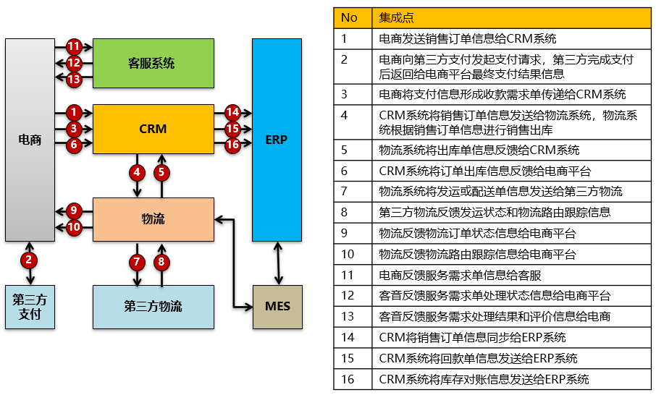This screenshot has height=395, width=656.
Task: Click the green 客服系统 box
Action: coord(153,63)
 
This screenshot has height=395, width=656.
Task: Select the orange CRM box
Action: coord(153,129)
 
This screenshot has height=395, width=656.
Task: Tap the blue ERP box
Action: coord(276,140)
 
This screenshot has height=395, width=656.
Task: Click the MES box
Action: coord(277,306)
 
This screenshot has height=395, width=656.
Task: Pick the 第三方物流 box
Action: coord(153,306)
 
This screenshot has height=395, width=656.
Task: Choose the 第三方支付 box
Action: coord(30,306)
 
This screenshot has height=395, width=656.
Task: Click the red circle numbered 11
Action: coord(74,46)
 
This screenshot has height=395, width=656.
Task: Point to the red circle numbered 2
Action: coord(30,259)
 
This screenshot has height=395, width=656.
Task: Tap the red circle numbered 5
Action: coord(162,172)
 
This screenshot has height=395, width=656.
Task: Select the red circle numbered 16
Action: coord(232,145)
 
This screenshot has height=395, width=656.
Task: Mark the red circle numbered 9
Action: coord(74,211)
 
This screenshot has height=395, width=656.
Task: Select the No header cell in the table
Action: coord(350,17)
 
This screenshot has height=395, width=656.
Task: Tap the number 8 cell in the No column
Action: coord(345,213)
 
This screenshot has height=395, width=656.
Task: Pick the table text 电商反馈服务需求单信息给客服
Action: coord(460,275)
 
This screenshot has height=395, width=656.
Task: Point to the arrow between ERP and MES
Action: coord(277,263)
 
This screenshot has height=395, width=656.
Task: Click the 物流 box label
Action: coord(153,218)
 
